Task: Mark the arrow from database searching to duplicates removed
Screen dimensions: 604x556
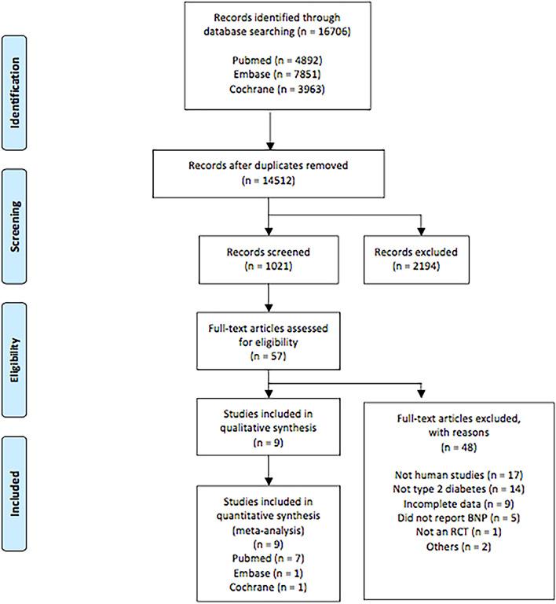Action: [269, 129]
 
